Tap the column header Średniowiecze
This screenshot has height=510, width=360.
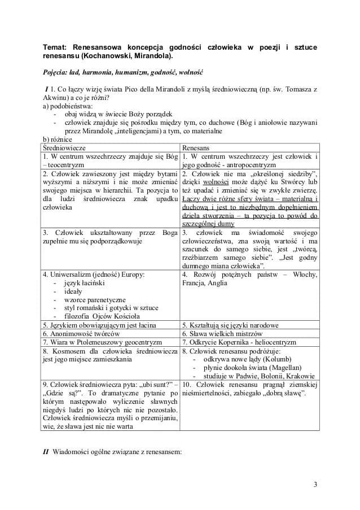click(65, 146)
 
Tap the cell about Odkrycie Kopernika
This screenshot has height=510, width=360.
click(239, 342)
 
